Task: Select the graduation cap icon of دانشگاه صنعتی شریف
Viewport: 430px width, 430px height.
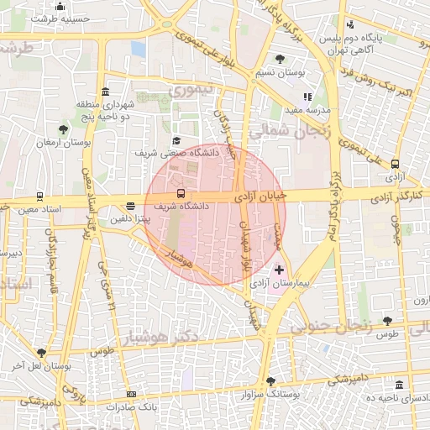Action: click(x=176, y=141)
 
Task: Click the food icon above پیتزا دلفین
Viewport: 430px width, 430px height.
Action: click(x=130, y=205)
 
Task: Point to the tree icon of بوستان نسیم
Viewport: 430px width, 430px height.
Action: click(x=280, y=59)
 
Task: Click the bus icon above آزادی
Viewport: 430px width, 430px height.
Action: click(x=395, y=165)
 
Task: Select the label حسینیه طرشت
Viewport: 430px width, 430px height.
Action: click(x=59, y=18)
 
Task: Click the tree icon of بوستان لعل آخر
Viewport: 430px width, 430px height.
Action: click(x=42, y=353)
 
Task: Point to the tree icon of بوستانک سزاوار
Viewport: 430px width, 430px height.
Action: click(x=270, y=380)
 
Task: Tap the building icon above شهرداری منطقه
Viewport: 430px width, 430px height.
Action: click(x=105, y=92)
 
